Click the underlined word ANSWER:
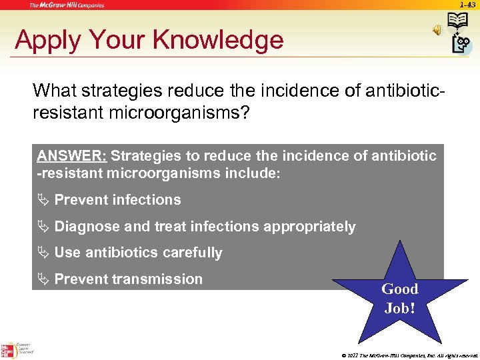71,156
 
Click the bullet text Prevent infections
117,200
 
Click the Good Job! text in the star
399,299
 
